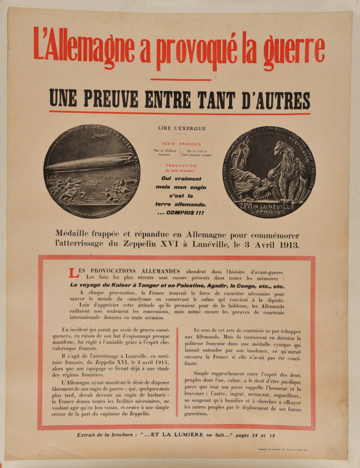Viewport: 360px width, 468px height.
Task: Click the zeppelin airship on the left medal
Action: coord(89,162)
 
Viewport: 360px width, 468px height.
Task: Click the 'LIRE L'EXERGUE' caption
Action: coord(182,128)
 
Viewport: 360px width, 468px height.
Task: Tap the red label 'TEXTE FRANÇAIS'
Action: coord(181,144)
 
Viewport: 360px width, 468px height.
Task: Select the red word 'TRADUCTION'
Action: coord(181,166)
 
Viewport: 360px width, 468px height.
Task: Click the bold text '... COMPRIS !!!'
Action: coord(181,213)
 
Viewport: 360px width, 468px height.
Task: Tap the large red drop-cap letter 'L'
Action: coord(73,273)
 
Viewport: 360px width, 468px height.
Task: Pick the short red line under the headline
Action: coord(181,80)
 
